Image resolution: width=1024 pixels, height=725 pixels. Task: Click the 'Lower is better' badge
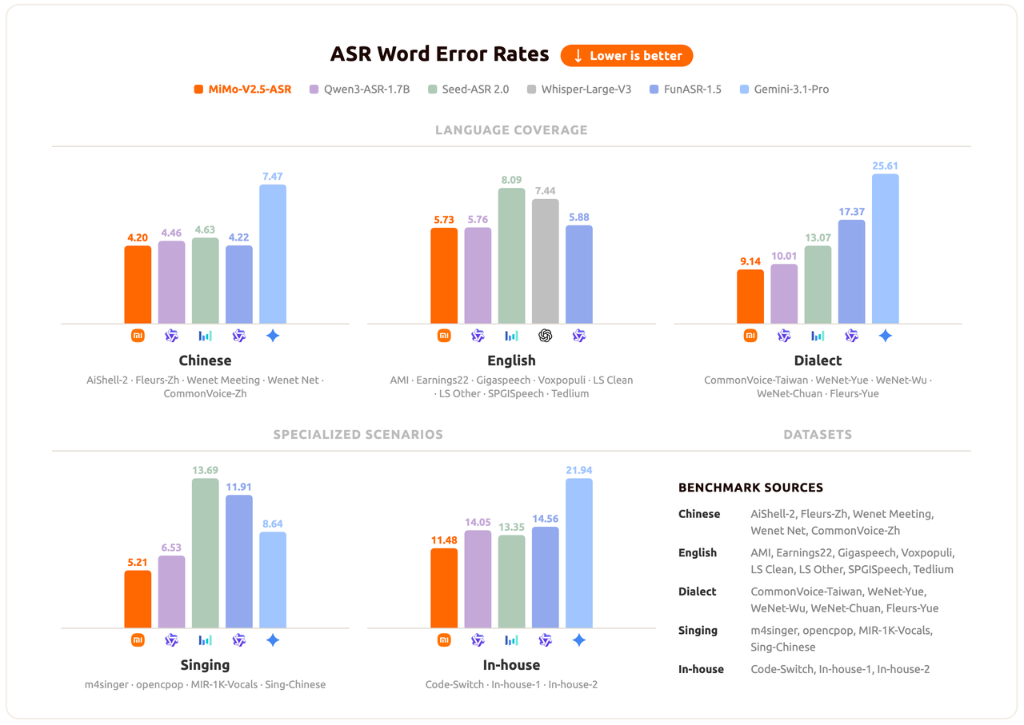pyautogui.click(x=626, y=56)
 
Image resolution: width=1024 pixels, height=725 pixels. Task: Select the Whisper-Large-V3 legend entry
pyautogui.click(x=579, y=90)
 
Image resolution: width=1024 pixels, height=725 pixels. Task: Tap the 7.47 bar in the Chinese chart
pyautogui.click(x=273, y=254)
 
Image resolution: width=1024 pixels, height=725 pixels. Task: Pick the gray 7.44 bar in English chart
pyautogui.click(x=546, y=261)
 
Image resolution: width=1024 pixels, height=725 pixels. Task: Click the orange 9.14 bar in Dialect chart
pyautogui.click(x=750, y=297)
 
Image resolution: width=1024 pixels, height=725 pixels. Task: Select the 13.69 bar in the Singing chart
pyautogui.click(x=206, y=553)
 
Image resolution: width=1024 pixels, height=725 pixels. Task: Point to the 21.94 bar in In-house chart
pyautogui.click(x=579, y=553)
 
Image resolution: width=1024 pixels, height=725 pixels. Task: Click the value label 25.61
pyautogui.click(x=886, y=166)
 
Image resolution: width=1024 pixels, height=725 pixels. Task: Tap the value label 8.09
pyautogui.click(x=512, y=181)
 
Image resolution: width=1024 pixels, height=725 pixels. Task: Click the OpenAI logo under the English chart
pyautogui.click(x=546, y=336)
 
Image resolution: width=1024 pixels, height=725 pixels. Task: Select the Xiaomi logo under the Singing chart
pyautogui.click(x=138, y=640)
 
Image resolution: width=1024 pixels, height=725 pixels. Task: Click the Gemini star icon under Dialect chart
pyautogui.click(x=886, y=336)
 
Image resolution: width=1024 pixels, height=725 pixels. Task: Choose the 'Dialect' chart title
pyautogui.click(x=818, y=361)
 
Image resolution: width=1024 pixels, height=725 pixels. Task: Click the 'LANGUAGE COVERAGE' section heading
pyautogui.click(x=511, y=129)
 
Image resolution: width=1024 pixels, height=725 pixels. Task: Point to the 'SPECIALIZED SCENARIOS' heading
pyautogui.click(x=358, y=435)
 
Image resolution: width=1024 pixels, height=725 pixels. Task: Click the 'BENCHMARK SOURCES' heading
pyautogui.click(x=750, y=488)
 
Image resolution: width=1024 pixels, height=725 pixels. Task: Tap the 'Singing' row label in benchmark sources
pyautogui.click(x=698, y=630)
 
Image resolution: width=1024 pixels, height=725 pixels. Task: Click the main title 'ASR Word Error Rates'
pyautogui.click(x=439, y=54)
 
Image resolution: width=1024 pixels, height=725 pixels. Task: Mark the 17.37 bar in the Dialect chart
pyautogui.click(x=852, y=272)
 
